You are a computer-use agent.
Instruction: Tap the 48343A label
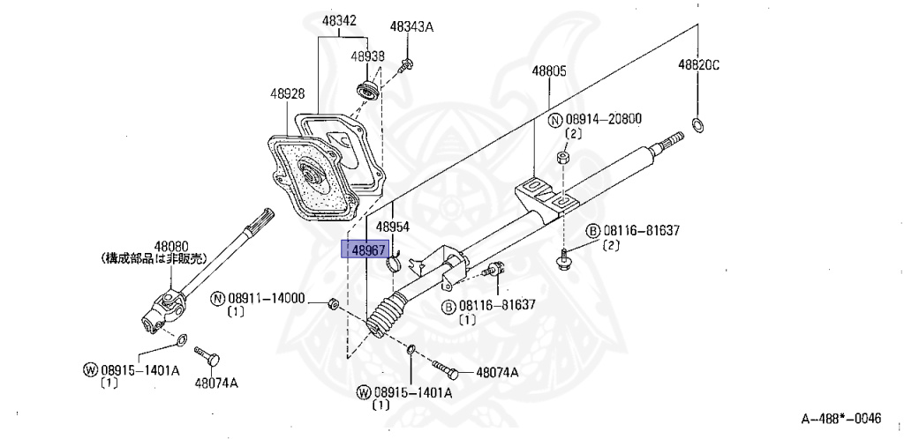click(411, 27)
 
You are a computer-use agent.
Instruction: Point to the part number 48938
click(367, 56)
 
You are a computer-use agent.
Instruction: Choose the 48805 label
click(548, 71)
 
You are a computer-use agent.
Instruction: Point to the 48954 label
click(393, 227)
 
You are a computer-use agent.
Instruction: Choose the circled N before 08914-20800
click(554, 120)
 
